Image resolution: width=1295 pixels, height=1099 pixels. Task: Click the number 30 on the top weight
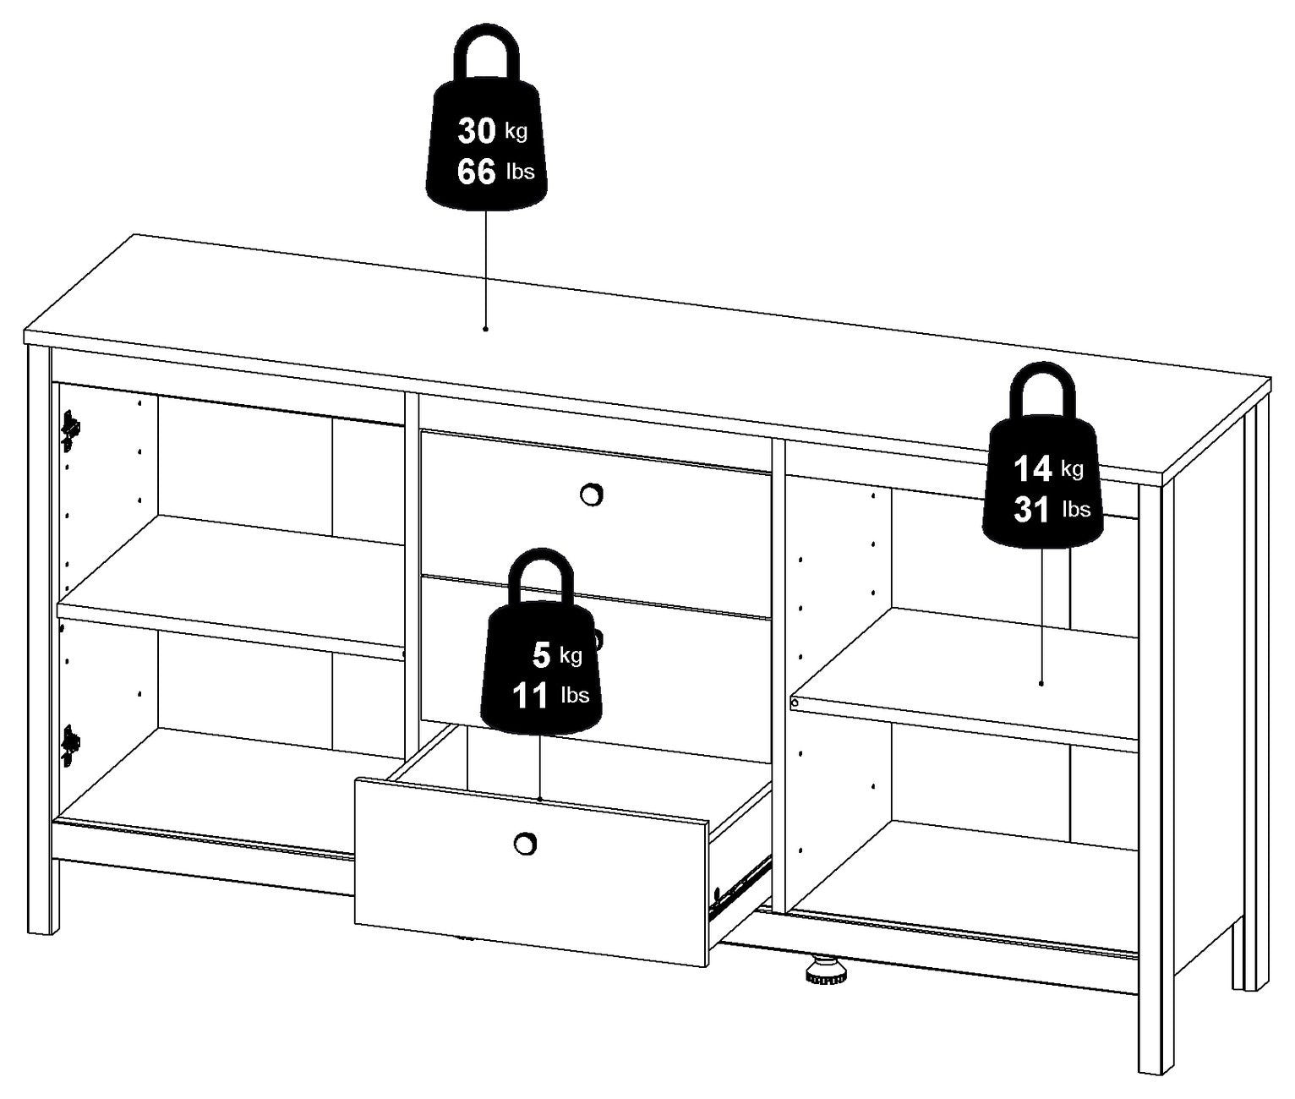[477, 132]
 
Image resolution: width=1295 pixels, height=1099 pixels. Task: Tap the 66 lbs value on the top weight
[495, 171]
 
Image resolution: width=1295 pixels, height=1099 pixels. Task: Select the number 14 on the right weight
[1032, 468]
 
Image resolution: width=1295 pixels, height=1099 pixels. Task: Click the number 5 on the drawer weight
[541, 655]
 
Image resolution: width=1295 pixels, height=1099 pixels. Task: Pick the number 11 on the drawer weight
[531, 696]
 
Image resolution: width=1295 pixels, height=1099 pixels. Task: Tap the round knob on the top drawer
[590, 495]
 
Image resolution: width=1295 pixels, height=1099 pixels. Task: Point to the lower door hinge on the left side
[71, 745]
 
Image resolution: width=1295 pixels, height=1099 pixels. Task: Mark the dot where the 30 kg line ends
[485, 328]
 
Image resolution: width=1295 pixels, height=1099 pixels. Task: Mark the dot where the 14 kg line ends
[1041, 684]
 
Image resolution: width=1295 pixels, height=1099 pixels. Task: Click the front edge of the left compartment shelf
[230, 631]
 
